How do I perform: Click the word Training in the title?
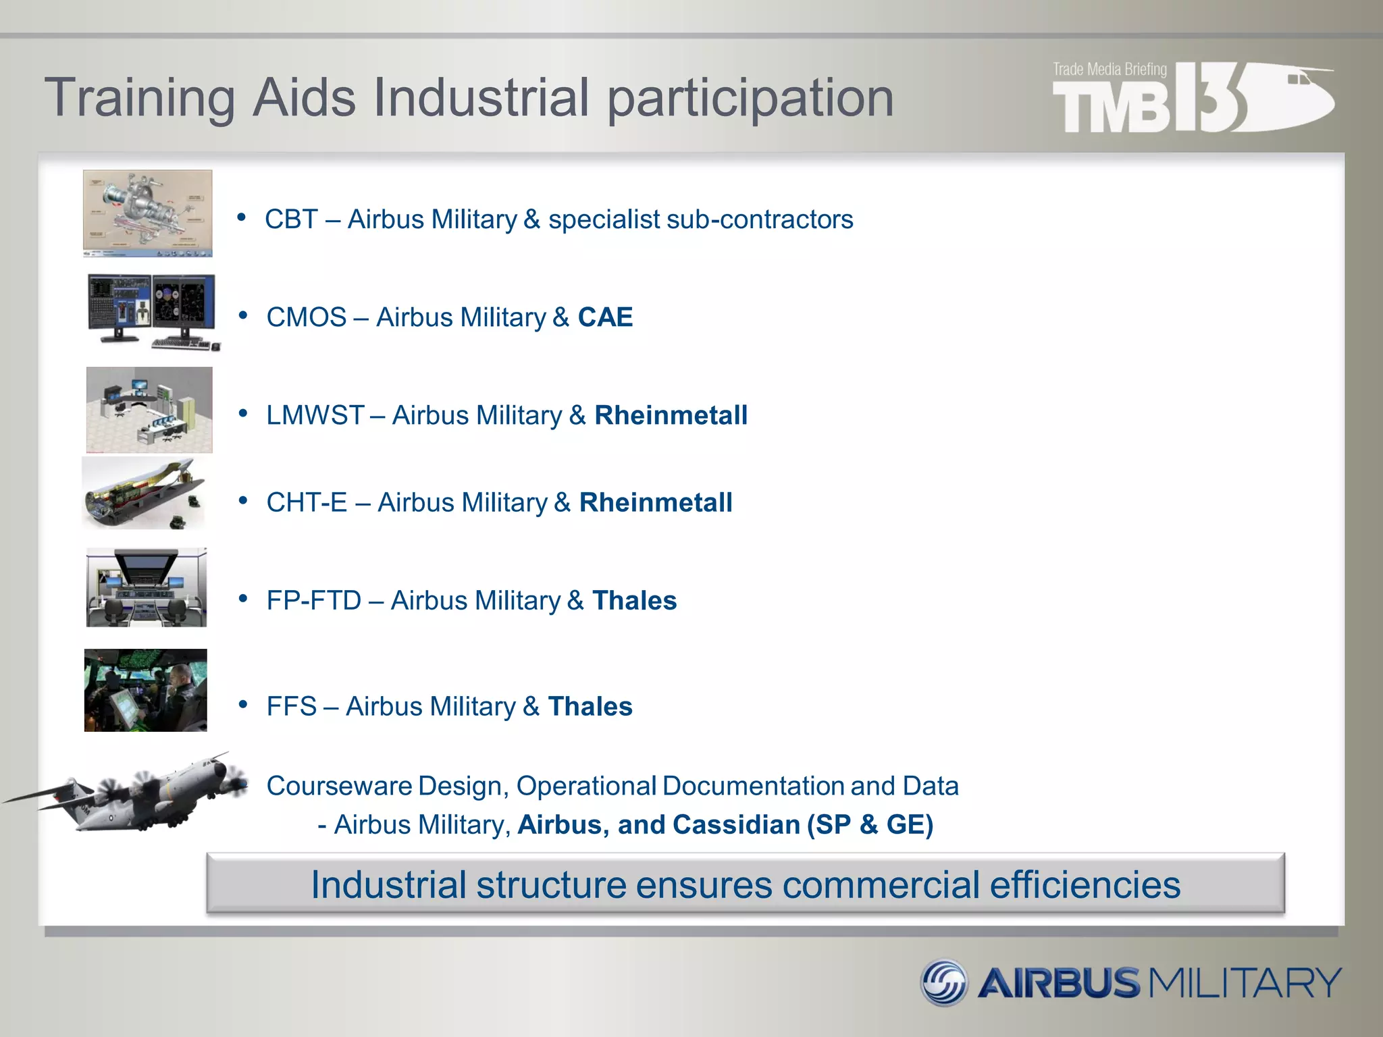coord(139,99)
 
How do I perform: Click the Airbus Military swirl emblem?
coord(943,982)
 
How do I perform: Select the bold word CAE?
coord(605,317)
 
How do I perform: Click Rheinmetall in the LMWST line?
coord(671,415)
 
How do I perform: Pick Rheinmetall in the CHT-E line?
coord(655,503)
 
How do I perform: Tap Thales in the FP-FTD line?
coord(634,601)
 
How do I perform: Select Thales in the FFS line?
coord(590,707)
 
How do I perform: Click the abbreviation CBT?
coord(291,219)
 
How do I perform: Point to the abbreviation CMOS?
coord(306,317)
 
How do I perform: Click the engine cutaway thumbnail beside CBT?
coord(147,213)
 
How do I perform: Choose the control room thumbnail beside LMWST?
coord(149,410)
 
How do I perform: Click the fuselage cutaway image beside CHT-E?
coord(144,494)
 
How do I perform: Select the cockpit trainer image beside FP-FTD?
coord(147,587)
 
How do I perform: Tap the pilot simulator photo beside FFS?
coord(146,690)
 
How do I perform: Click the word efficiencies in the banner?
coord(1085,885)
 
